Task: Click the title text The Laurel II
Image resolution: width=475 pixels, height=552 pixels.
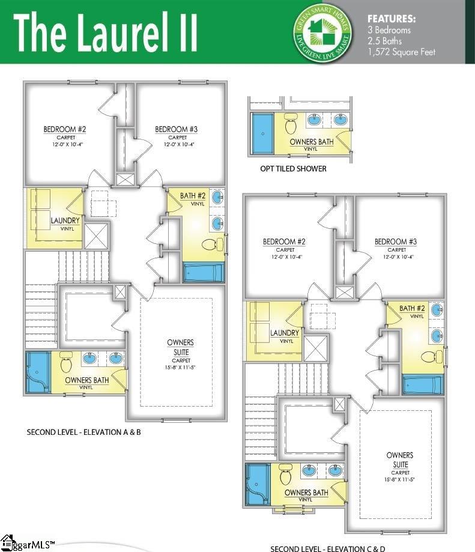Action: (106, 31)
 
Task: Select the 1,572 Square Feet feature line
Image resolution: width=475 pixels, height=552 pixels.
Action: (401, 52)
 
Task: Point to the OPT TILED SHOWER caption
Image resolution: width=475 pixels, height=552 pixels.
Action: (293, 169)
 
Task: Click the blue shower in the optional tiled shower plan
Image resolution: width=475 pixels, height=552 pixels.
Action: (262, 134)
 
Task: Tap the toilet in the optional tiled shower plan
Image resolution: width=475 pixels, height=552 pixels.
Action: (291, 124)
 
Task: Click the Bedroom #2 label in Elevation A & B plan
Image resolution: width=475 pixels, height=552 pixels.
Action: (65, 130)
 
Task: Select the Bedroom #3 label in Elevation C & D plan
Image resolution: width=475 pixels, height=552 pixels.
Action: (396, 242)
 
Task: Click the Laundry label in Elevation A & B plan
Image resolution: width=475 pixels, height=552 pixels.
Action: (65, 221)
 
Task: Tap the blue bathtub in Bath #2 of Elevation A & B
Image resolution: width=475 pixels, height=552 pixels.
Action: (204, 272)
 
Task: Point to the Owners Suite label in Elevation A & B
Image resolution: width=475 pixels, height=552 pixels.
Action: (180, 346)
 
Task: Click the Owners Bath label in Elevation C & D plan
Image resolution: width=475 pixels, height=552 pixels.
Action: (306, 493)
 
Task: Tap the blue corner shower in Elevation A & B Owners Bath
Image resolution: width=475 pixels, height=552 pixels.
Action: (37, 372)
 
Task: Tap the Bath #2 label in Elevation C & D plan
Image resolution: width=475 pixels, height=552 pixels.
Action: (413, 309)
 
